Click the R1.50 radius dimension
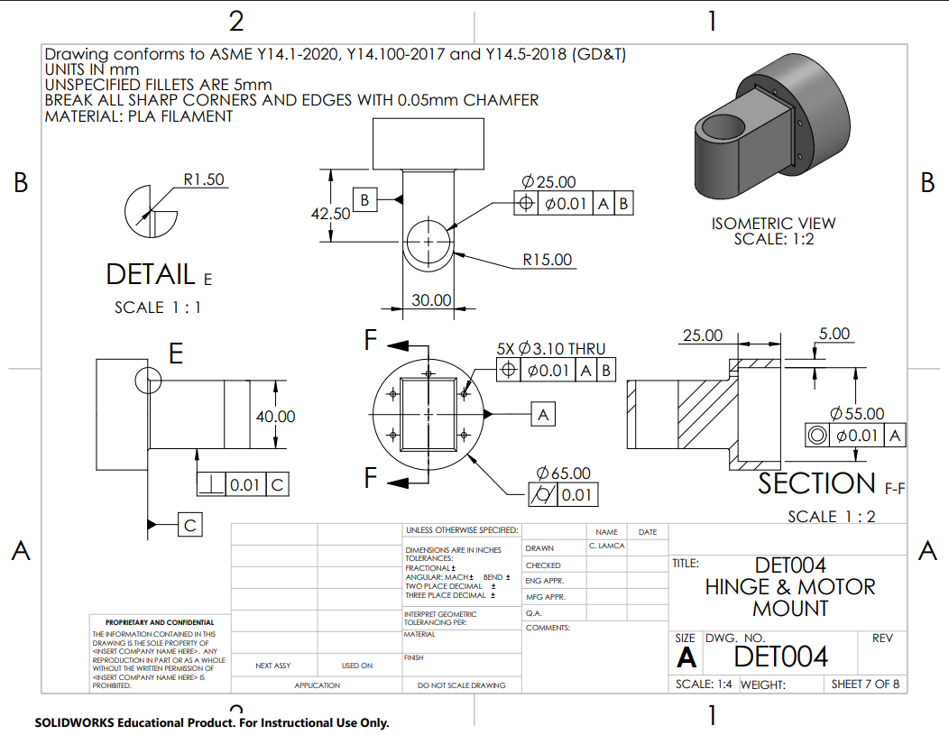click(x=203, y=179)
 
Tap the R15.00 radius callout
click(x=547, y=260)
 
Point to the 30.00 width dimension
click(x=431, y=299)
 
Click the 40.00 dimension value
click(x=275, y=417)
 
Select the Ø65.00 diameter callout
click(x=563, y=473)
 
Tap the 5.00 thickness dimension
click(x=834, y=334)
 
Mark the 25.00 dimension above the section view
click(x=702, y=335)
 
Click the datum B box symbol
click(x=364, y=199)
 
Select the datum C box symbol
click(x=189, y=524)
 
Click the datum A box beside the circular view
click(x=543, y=414)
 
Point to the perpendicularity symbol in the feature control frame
click(x=211, y=484)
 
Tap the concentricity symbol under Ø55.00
click(x=817, y=436)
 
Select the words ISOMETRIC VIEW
click(x=773, y=223)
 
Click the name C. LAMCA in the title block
click(x=606, y=547)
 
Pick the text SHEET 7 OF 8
click(x=865, y=684)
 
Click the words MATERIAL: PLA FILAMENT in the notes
click(x=138, y=116)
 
